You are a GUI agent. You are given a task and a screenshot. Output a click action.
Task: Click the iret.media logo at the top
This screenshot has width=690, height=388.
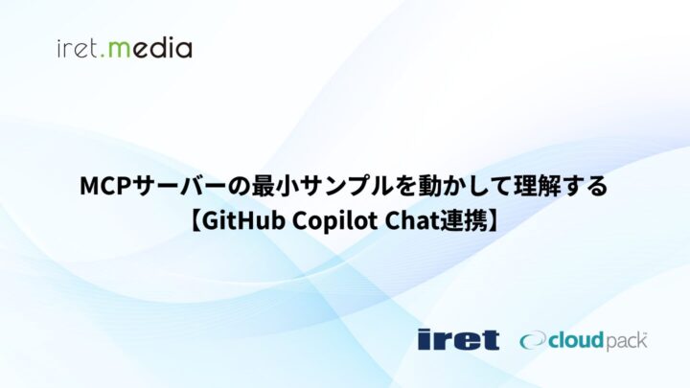pos(125,48)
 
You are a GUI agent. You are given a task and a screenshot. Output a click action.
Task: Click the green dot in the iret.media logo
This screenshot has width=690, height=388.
pos(103,56)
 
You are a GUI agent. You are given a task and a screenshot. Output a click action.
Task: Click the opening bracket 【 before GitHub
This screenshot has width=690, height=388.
pos(195,221)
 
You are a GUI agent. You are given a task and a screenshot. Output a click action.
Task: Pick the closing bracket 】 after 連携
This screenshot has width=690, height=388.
pos(494,221)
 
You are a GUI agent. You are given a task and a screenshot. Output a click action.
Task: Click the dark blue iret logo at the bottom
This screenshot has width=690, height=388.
pos(458,339)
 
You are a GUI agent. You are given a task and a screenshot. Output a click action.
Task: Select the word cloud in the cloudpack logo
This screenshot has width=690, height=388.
pos(576,340)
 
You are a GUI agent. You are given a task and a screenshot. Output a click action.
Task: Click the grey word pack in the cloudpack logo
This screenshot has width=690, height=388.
pos(625,342)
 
